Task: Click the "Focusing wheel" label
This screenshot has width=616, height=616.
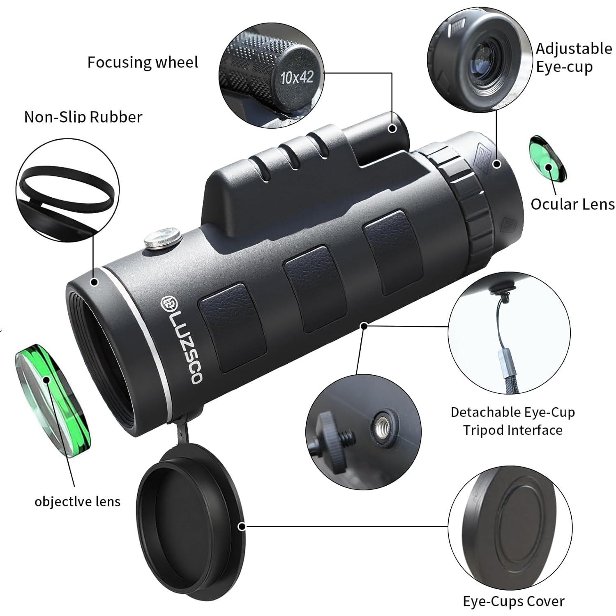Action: pos(143,62)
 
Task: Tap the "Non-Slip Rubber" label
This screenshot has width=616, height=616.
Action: pos(83,117)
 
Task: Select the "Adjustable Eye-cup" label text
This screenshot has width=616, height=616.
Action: pos(573,58)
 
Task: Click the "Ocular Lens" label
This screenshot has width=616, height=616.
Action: pos(572,204)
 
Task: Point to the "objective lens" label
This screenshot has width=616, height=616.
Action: pos(77,501)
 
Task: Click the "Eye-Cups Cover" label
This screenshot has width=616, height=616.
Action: pos(514,602)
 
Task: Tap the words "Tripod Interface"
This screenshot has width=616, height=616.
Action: pos(513,430)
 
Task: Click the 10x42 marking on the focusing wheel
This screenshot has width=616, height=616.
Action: pos(297,77)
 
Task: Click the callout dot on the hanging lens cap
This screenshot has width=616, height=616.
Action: pos(242,526)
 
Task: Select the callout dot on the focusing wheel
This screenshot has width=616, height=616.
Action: pos(392,129)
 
